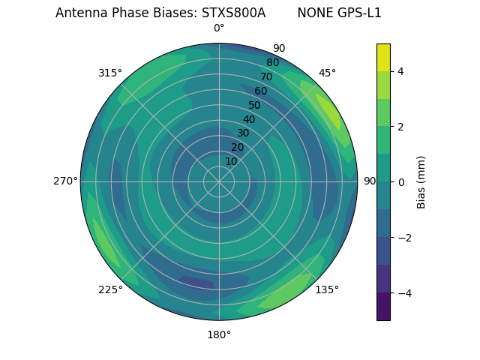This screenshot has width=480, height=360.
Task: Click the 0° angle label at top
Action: click(x=219, y=28)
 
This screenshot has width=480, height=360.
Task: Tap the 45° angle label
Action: click(x=327, y=73)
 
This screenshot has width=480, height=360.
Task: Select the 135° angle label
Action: click(x=327, y=289)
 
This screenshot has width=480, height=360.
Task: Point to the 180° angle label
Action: click(x=219, y=334)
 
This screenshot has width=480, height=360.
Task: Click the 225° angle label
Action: click(x=110, y=290)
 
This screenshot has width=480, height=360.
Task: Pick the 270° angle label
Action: click(x=65, y=181)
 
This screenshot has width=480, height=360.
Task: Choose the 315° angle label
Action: click(x=110, y=73)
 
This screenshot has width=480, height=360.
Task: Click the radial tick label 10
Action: click(x=231, y=161)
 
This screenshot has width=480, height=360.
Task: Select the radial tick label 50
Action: click(x=254, y=106)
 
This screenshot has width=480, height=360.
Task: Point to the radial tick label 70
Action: click(x=266, y=76)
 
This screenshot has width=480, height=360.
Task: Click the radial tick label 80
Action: click(x=272, y=63)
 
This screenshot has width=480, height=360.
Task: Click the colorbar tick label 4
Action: click(x=401, y=71)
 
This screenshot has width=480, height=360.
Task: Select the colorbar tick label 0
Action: click(x=401, y=182)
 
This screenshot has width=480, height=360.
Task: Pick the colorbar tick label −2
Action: click(x=404, y=238)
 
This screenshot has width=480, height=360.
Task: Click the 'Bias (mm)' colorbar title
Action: click(x=421, y=182)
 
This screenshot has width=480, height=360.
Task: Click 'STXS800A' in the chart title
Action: click(x=233, y=13)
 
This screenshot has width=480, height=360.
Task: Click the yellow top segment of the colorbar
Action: click(x=383, y=57)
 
